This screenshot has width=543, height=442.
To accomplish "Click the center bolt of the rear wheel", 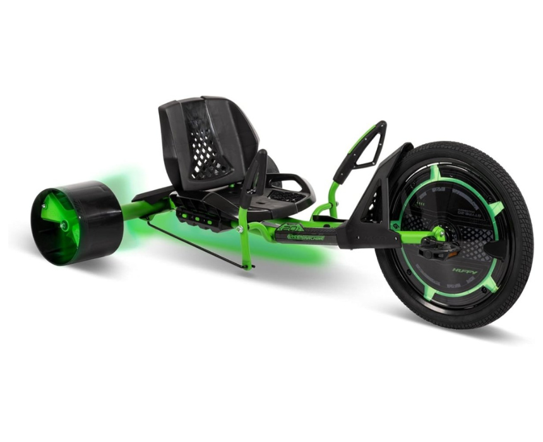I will point(64,224).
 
